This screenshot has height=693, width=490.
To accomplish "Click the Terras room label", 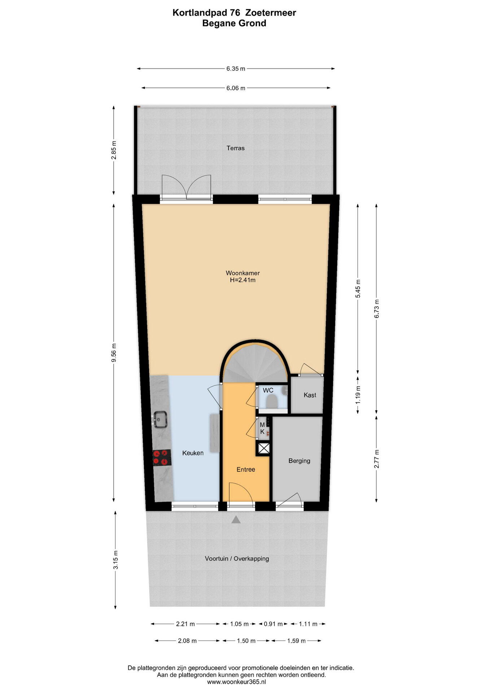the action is click(x=235, y=148).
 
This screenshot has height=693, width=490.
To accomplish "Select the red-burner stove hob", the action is click(x=162, y=457).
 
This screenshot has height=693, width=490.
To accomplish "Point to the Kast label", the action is click(x=310, y=395).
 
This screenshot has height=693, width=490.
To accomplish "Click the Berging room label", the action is click(x=299, y=461).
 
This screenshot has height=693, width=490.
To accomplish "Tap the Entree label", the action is click(x=246, y=469).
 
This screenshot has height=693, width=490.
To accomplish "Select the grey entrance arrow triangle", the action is click(x=236, y=519).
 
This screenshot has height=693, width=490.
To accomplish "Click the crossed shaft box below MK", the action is click(x=263, y=448).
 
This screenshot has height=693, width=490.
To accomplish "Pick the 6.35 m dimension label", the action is click(x=236, y=69).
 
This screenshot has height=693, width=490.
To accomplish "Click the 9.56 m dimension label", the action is click(x=114, y=352).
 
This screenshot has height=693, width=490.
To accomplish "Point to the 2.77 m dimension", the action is click(x=376, y=459).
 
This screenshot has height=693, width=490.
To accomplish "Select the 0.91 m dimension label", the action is click(x=273, y=624).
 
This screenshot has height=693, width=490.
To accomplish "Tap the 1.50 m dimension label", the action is click(x=246, y=641).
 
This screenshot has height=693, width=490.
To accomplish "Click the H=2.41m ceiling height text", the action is click(x=242, y=280).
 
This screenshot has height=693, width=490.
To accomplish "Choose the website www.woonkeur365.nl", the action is click(x=236, y=682).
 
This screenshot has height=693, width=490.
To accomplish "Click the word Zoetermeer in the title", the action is click(x=271, y=13).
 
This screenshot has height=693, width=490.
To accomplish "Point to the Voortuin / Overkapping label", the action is click(x=237, y=558).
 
